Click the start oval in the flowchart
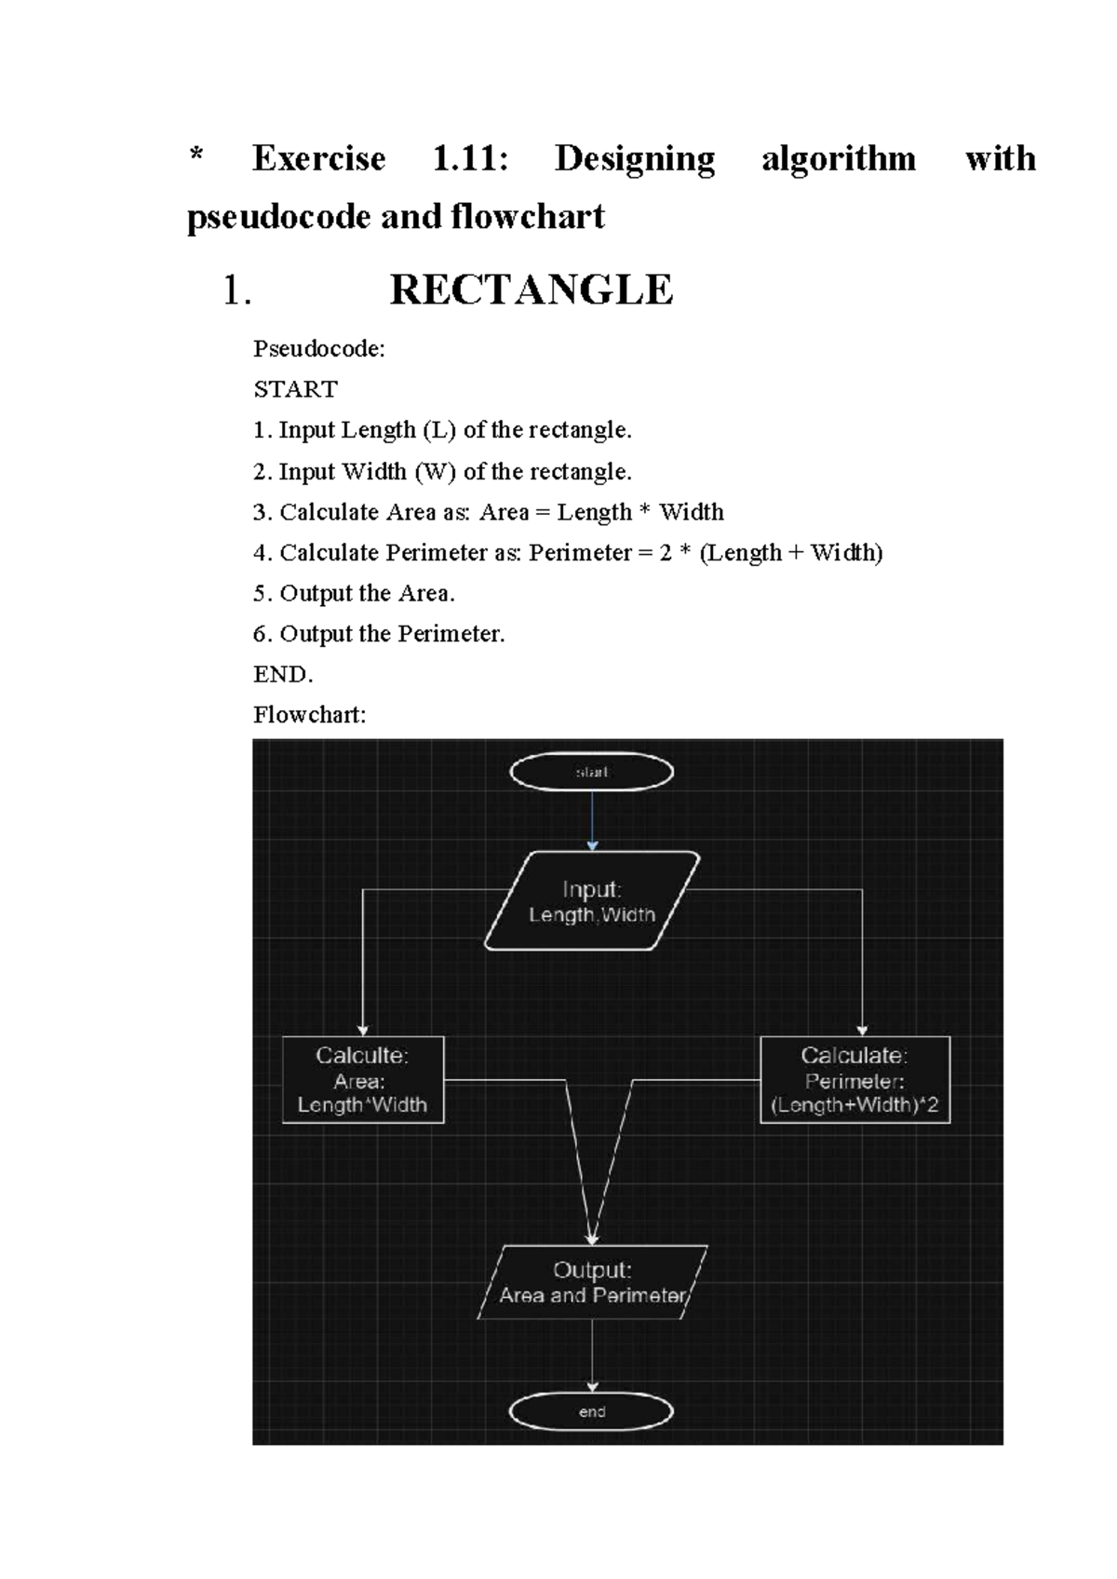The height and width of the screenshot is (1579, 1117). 592,772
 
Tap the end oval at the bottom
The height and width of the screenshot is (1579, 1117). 592,1411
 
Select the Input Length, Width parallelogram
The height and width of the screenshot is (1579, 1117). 592,901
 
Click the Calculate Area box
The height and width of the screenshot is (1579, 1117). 363,1080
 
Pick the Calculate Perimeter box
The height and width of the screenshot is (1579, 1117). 855,1080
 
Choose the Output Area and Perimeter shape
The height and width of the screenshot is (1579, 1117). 593,1282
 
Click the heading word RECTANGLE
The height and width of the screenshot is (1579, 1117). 531,290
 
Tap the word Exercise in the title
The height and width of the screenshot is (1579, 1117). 318,159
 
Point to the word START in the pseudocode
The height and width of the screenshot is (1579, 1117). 295,389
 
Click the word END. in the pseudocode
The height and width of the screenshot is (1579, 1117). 283,674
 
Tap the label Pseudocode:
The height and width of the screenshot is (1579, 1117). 318,349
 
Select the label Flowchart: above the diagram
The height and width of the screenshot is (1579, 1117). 309,715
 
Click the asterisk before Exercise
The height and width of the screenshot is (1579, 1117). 195,155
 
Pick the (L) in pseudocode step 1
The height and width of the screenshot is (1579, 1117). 438,430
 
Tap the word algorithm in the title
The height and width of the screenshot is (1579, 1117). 838,159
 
